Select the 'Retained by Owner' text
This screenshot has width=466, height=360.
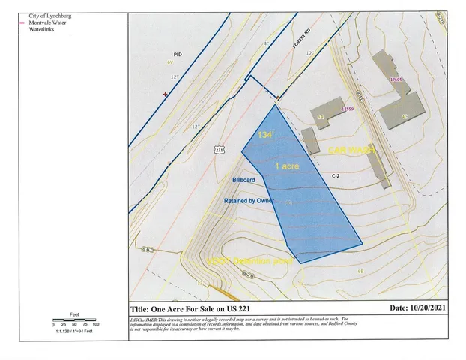tap(249, 201)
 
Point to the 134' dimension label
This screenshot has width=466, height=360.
tap(263, 136)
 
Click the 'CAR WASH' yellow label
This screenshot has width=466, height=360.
tap(351, 151)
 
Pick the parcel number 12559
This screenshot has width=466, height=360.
tap(346, 109)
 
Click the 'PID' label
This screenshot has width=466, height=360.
tap(178, 55)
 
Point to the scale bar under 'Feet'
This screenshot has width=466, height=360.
tap(74, 319)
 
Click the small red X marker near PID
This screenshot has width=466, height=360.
tap(165, 94)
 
